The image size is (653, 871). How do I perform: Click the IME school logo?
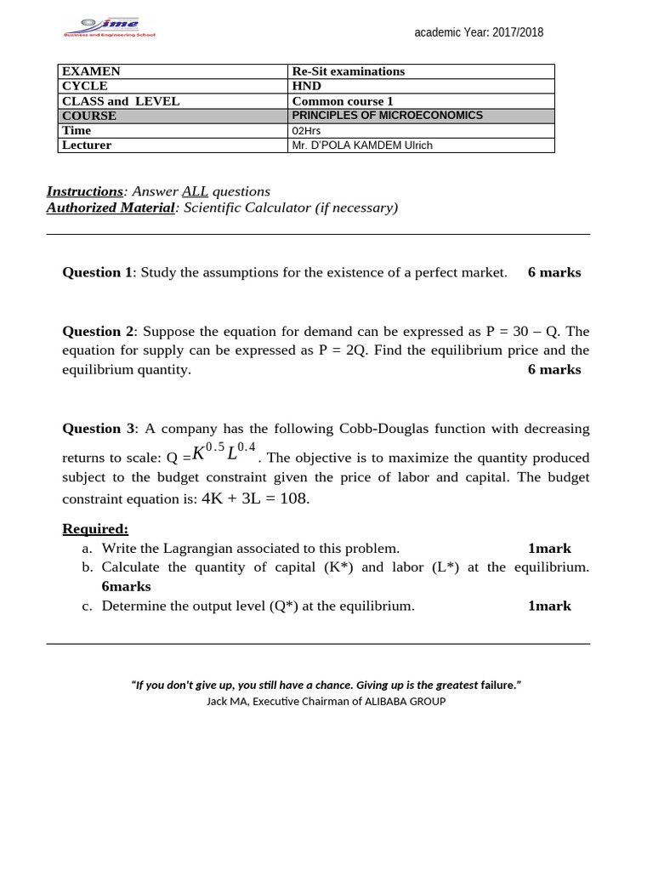(x=109, y=28)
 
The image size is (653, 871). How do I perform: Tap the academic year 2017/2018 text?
(x=479, y=32)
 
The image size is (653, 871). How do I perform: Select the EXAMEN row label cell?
(x=91, y=71)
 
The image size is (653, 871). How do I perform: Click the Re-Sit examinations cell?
(x=348, y=71)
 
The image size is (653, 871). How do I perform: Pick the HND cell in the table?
(x=306, y=86)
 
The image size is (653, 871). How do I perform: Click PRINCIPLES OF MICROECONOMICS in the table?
(x=387, y=116)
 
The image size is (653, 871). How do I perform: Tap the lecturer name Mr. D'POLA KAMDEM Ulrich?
(x=362, y=145)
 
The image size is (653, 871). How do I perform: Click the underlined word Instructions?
(x=85, y=191)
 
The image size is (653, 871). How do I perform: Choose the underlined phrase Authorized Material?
(x=111, y=208)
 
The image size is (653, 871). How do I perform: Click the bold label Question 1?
(x=97, y=272)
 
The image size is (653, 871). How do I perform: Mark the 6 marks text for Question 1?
(x=554, y=272)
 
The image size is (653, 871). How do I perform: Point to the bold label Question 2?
(x=97, y=331)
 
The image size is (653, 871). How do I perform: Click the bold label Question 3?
(x=97, y=429)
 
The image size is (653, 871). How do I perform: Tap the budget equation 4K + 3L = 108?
(x=255, y=498)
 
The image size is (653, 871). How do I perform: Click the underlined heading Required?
(x=95, y=529)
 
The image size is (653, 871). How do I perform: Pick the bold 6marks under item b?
(x=126, y=586)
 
